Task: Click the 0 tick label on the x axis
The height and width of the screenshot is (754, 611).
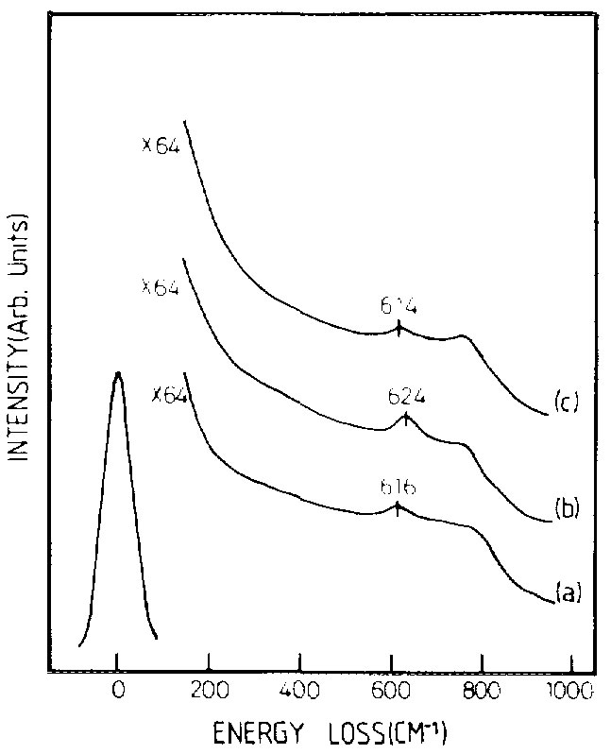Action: (116, 690)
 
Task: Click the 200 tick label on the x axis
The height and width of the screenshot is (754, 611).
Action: (207, 690)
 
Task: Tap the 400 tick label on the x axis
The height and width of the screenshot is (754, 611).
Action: (299, 690)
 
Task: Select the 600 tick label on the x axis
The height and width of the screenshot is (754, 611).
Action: (391, 690)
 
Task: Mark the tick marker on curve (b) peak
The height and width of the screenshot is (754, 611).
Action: (406, 419)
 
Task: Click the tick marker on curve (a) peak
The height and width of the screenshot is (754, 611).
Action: (398, 507)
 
